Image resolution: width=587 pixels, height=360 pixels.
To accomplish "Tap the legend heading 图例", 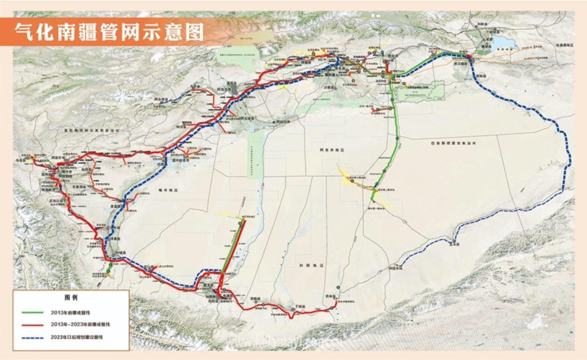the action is pos(71,299).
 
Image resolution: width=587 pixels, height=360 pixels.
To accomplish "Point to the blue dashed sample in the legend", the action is pos(34,337).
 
